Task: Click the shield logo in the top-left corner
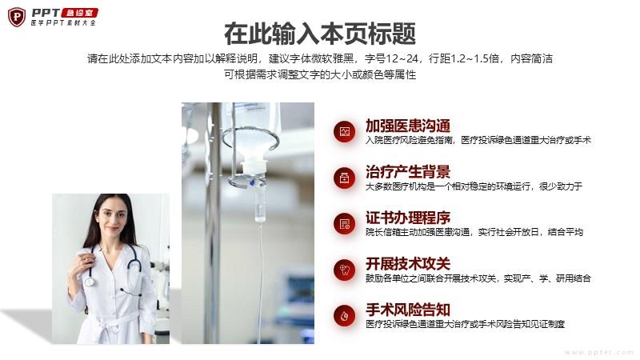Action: (17, 17)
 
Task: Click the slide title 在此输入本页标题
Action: (320, 34)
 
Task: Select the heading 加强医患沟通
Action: (408, 126)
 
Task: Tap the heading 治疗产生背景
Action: (408, 172)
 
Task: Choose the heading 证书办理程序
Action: (408, 218)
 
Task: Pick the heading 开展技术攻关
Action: (408, 264)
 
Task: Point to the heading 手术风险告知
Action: (408, 310)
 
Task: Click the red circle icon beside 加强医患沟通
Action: (345, 132)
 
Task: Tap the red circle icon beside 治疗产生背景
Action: (345, 178)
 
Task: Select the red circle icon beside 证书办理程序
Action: (345, 224)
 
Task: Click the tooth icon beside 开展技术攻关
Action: (345, 270)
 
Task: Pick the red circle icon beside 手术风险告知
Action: (345, 316)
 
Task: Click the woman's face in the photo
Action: (110, 218)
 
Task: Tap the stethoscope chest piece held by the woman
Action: (89, 281)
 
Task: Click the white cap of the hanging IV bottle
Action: (254, 166)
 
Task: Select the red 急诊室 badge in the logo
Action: (79, 13)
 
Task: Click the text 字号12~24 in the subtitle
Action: (391, 58)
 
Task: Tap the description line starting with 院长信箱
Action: (474, 232)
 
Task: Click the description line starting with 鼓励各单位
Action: (478, 278)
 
